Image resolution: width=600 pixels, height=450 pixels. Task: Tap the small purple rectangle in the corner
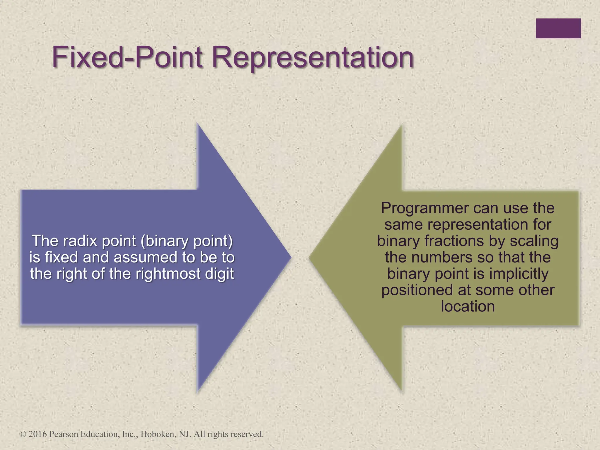[558, 28]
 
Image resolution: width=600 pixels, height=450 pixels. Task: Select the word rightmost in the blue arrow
[168, 274]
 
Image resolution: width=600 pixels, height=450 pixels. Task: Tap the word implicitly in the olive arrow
[519, 274]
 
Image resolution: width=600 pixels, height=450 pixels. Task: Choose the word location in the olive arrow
[468, 306]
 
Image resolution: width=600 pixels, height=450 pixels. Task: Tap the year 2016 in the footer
[37, 434]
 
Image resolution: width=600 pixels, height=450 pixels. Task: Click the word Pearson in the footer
[64, 434]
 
